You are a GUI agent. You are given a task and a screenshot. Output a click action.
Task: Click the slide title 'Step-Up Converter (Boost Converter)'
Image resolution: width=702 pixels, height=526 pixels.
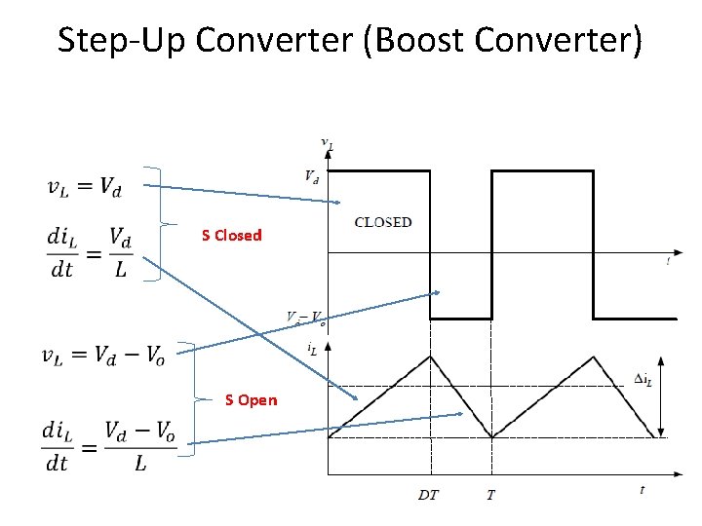[350, 41]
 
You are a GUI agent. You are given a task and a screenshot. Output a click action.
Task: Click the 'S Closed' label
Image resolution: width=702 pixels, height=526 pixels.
[231, 235]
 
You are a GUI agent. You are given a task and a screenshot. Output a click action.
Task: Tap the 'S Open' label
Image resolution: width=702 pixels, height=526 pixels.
[251, 399]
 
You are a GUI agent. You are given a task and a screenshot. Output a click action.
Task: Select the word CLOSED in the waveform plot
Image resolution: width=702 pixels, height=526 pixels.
[383, 222]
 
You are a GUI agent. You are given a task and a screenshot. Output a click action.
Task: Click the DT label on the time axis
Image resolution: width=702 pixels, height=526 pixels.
[428, 495]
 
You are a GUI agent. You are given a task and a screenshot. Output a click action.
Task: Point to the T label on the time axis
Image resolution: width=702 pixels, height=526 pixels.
[490, 495]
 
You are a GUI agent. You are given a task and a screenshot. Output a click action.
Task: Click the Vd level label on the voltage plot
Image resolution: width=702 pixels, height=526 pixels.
[310, 177]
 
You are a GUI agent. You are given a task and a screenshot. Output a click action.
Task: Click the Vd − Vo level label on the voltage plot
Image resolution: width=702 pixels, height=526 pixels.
[305, 317]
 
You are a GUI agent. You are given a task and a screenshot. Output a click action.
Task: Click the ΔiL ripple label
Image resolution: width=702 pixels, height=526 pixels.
[643, 380]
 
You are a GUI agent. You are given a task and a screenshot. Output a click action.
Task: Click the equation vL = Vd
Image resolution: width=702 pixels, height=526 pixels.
[85, 188]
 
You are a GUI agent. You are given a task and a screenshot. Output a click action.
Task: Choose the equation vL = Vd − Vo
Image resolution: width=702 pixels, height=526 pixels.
[101, 356]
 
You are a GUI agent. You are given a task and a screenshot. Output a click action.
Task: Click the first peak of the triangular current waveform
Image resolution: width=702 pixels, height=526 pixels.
[429, 357]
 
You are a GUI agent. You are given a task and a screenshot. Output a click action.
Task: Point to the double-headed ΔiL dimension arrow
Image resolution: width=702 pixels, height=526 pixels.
[662, 396]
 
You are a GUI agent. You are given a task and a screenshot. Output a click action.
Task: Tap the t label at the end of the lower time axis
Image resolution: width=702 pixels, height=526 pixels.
[642, 490]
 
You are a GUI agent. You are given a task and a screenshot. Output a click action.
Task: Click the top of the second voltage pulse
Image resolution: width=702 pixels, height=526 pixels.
[541, 171]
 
